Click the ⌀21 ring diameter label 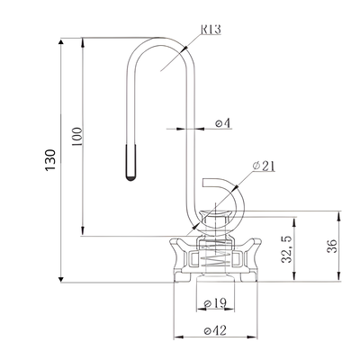tap(263, 165)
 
